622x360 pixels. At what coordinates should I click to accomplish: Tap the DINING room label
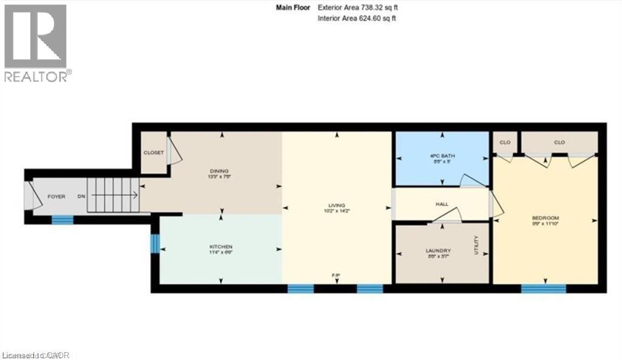(x=220, y=171)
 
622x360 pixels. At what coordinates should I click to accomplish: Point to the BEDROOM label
(x=545, y=218)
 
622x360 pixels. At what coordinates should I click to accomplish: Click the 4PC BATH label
(x=442, y=155)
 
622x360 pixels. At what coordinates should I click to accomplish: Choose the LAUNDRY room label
(x=442, y=251)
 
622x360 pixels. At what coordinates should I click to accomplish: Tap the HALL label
(x=442, y=204)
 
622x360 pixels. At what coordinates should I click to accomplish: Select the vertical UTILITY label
(x=477, y=245)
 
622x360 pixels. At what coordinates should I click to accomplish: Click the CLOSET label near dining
(x=153, y=152)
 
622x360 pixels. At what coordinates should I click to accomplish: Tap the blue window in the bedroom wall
(x=544, y=289)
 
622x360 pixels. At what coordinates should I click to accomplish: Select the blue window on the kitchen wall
(x=154, y=244)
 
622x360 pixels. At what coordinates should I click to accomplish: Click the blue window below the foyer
(x=62, y=220)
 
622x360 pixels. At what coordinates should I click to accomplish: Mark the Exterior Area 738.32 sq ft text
(x=358, y=7)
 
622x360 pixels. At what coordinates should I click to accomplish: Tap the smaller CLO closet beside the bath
(x=504, y=142)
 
